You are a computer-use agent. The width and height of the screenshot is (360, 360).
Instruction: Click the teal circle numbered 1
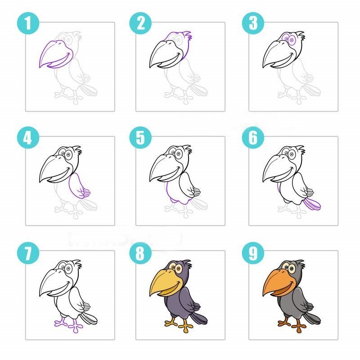point(28,23)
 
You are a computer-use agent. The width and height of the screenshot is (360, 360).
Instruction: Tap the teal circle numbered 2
point(140,23)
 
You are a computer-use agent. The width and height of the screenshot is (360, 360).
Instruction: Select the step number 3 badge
point(253,23)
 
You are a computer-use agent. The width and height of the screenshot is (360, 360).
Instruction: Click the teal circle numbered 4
point(28,138)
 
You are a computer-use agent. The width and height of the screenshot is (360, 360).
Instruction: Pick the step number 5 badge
point(140,138)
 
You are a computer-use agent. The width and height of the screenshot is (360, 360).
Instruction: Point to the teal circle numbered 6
point(253,138)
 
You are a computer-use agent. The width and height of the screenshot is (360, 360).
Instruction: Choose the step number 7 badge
point(28,253)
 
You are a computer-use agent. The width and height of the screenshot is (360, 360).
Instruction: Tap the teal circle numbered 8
point(140,253)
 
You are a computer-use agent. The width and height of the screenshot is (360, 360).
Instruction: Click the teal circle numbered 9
point(253,253)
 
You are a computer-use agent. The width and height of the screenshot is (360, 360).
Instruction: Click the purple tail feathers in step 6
point(312,204)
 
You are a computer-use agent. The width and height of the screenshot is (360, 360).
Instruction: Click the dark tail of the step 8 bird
point(199,319)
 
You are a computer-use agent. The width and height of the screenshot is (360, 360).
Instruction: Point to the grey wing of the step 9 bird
point(301,300)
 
